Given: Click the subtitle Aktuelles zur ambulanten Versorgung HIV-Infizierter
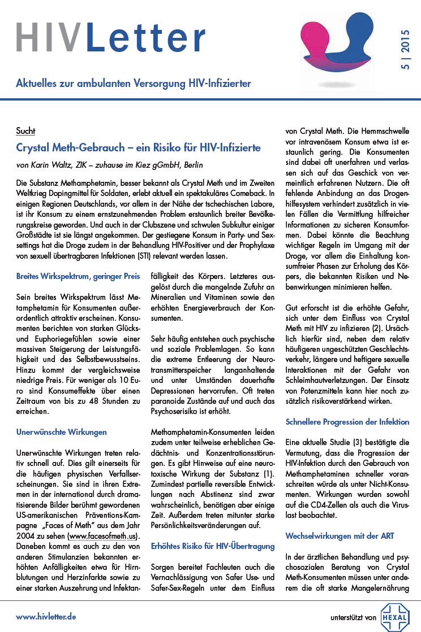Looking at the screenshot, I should (x=134, y=84).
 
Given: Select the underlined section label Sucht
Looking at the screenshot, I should (x=25, y=131).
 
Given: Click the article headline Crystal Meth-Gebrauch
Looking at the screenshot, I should (x=138, y=148).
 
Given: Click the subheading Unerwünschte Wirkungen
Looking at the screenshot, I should (x=61, y=432).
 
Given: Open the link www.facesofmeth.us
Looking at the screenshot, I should (x=102, y=535).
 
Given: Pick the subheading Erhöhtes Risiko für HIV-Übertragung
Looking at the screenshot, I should (x=212, y=546).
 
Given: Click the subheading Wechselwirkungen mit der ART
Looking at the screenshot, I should (x=340, y=535).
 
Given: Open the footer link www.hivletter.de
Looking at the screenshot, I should (x=46, y=616).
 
